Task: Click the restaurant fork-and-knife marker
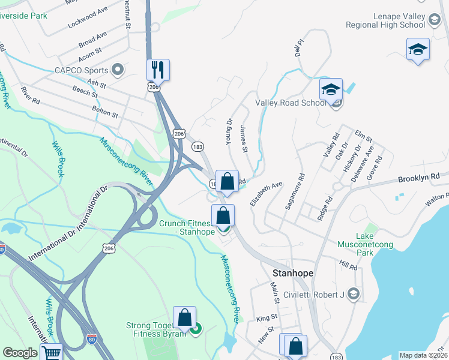158,70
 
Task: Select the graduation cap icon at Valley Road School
330,89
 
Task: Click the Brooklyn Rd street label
419,179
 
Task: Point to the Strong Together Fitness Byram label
155,330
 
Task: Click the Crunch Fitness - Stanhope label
186,227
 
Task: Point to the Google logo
20,353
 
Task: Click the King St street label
266,317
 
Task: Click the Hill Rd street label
348,265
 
